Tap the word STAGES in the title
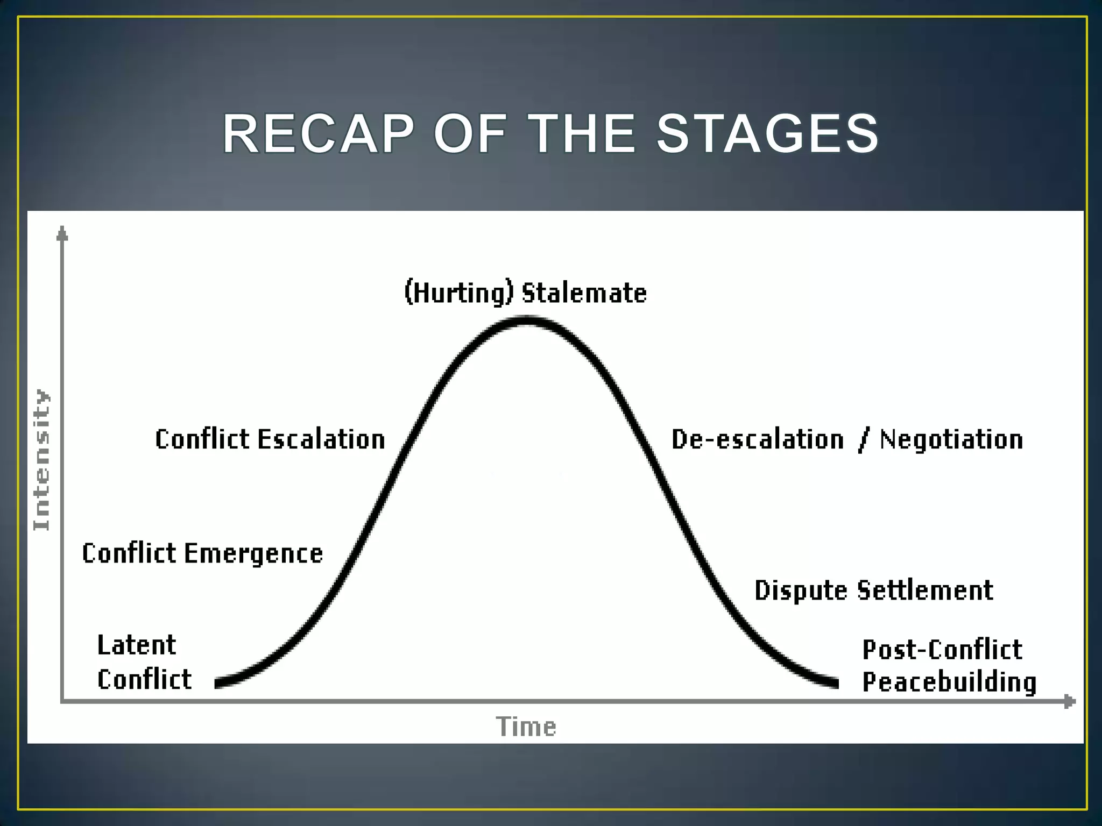click(x=768, y=134)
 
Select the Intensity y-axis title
click(x=41, y=460)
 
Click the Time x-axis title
click(x=526, y=727)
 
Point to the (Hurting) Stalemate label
click(x=525, y=293)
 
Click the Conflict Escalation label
click(x=270, y=439)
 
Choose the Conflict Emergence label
click(x=202, y=553)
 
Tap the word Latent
click(x=137, y=645)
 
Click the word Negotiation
click(x=951, y=440)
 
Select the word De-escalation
click(x=758, y=440)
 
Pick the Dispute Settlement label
click(x=874, y=590)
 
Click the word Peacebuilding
click(x=949, y=682)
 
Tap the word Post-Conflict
click(x=942, y=650)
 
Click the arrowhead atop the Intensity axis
click(x=62, y=233)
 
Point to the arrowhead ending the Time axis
click(x=1070, y=701)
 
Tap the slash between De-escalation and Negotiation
click(x=864, y=440)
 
